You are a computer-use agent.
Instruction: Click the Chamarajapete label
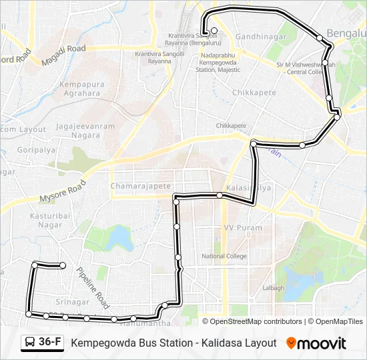[141, 186]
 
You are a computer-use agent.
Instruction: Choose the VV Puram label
[242, 228]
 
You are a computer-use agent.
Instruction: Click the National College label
[224, 256]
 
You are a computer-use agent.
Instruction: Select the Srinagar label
[73, 302]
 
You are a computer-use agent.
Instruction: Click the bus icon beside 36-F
[30, 343]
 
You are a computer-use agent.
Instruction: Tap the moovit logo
[317, 343]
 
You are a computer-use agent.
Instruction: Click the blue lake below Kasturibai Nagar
[117, 237]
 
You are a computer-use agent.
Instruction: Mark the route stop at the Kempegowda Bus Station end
[214, 31]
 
